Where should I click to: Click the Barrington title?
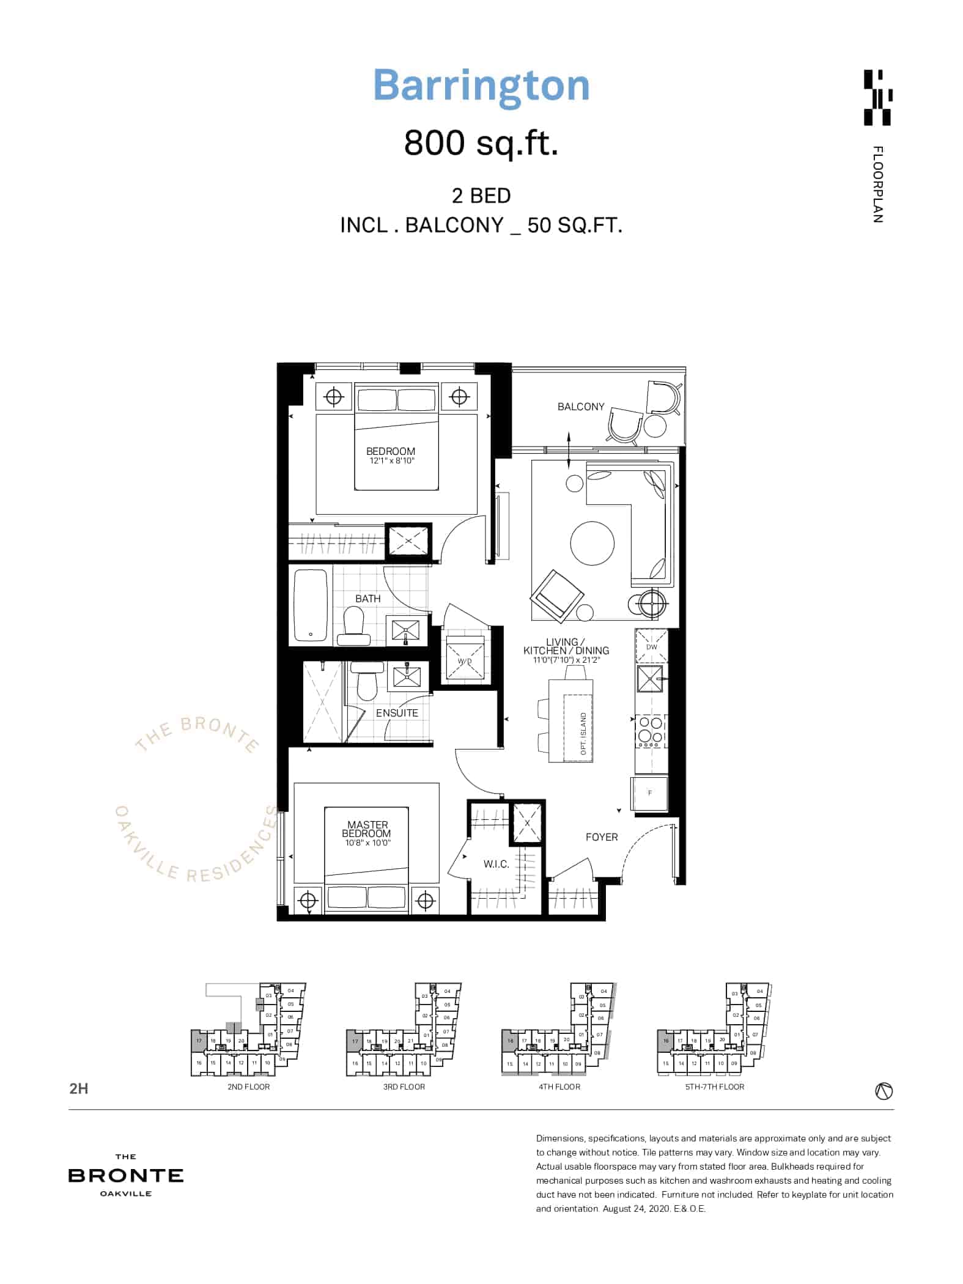click(x=481, y=86)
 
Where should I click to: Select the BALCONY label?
click(x=580, y=407)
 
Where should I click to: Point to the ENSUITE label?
click(x=397, y=713)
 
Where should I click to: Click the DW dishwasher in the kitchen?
click(x=651, y=646)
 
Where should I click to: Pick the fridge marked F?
click(x=650, y=793)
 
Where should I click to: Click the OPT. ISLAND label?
click(x=583, y=734)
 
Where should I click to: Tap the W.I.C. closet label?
click(x=496, y=864)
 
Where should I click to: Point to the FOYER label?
click(x=602, y=837)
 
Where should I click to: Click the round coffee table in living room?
click(x=592, y=543)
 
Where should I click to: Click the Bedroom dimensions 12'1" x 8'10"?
click(x=391, y=460)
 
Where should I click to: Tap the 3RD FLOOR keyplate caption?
click(x=404, y=1087)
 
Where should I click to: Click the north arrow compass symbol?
click(x=884, y=1090)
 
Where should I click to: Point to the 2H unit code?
click(x=79, y=1088)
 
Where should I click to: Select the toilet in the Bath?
click(x=353, y=625)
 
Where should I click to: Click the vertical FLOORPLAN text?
click(x=878, y=184)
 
